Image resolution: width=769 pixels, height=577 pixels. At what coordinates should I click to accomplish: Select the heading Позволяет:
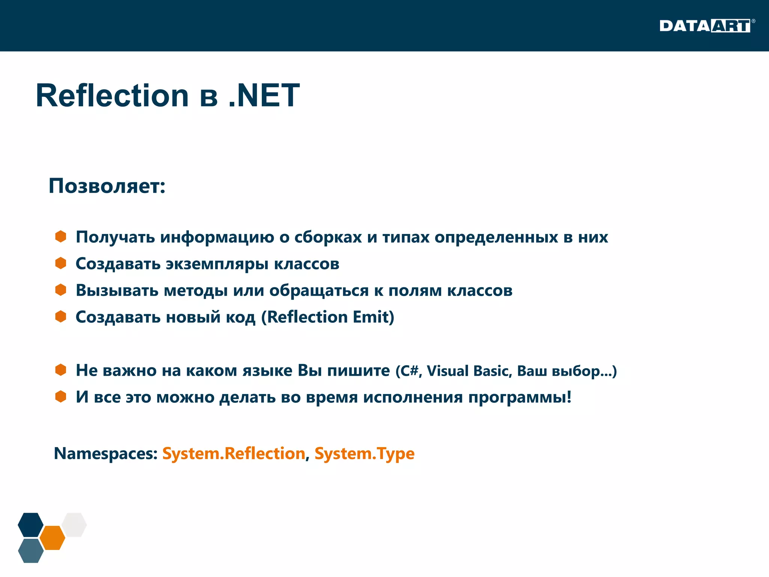pyautogui.click(x=107, y=186)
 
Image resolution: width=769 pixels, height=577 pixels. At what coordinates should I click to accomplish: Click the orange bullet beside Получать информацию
pyautogui.click(x=60, y=237)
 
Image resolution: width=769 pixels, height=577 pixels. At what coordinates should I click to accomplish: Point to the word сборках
pyautogui.click(x=328, y=237)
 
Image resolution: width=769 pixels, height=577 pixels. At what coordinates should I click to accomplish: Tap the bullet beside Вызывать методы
pyautogui.click(x=60, y=290)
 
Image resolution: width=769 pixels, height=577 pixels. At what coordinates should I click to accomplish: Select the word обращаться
pyautogui.click(x=319, y=291)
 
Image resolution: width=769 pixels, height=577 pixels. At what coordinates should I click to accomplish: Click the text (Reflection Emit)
pyautogui.click(x=327, y=317)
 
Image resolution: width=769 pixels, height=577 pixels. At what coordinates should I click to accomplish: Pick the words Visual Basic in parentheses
pyautogui.click(x=469, y=371)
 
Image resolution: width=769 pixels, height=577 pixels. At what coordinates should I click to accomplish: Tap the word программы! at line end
pyautogui.click(x=520, y=397)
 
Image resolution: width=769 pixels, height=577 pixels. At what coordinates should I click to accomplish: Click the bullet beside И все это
pyautogui.click(x=60, y=397)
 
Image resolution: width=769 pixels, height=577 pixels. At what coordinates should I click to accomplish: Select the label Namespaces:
pyautogui.click(x=106, y=453)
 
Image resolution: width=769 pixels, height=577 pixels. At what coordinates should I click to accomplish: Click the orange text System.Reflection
pyautogui.click(x=234, y=453)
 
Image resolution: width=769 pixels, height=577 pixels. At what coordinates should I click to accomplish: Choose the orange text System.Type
pyautogui.click(x=364, y=453)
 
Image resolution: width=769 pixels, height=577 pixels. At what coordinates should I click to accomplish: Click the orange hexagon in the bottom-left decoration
pyautogui.click(x=53, y=538)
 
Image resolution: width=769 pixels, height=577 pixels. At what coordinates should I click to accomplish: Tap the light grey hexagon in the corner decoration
pyautogui.click(x=74, y=524)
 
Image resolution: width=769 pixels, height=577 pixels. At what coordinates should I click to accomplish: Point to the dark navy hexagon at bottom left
pyautogui.click(x=31, y=524)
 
